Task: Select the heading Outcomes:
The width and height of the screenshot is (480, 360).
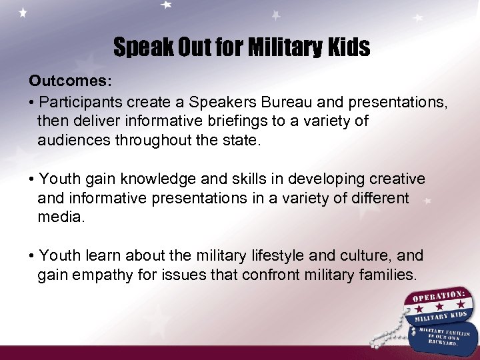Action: click(70, 81)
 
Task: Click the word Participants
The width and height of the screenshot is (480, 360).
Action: click(83, 103)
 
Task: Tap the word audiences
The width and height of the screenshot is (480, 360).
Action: click(74, 140)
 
